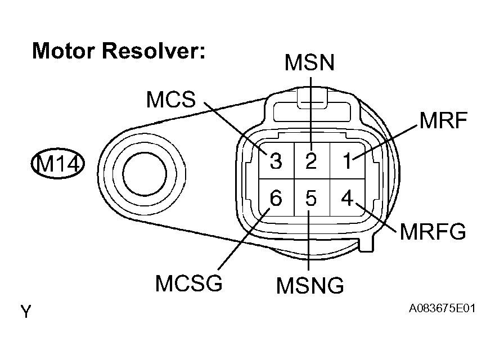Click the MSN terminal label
pyautogui.click(x=309, y=62)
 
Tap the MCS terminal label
pyautogui.click(x=171, y=99)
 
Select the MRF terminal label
pyautogui.click(x=443, y=120)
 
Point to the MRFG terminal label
pyautogui.click(x=433, y=231)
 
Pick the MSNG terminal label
pyautogui.click(x=310, y=285)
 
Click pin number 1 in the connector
pyautogui.click(x=347, y=161)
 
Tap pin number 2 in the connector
pyautogui.click(x=311, y=161)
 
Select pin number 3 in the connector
pyautogui.click(x=276, y=161)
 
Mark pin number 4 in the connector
pyautogui.click(x=347, y=198)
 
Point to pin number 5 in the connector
pyautogui.click(x=311, y=198)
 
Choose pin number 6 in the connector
pyautogui.click(x=276, y=198)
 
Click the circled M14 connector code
pyautogui.click(x=58, y=164)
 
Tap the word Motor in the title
pyautogui.click(x=64, y=51)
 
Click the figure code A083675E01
pyautogui.click(x=442, y=308)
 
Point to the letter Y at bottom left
pyautogui.click(x=26, y=312)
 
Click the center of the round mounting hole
pyautogui.click(x=144, y=173)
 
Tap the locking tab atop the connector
pyautogui.click(x=311, y=97)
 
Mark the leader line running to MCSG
pyautogui.click(x=244, y=238)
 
